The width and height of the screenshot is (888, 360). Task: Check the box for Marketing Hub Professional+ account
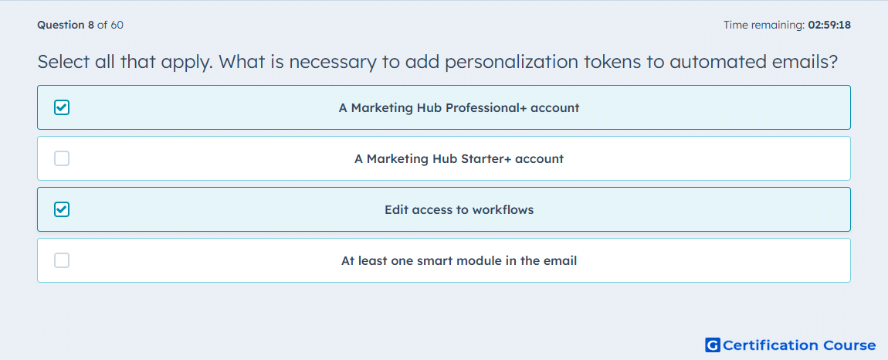pyautogui.click(x=62, y=107)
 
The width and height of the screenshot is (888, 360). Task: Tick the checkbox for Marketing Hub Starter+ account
pyautogui.click(x=62, y=158)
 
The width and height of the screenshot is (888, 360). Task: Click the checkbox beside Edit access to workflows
pyautogui.click(x=62, y=209)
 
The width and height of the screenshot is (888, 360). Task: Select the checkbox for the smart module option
pyautogui.click(x=62, y=260)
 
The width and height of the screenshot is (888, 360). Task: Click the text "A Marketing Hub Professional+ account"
pyautogui.click(x=459, y=107)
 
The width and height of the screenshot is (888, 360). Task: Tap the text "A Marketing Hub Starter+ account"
pyautogui.click(x=459, y=158)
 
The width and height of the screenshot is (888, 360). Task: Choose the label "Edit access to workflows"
pyautogui.click(x=459, y=210)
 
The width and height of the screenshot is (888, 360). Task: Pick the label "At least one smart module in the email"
pyautogui.click(x=459, y=261)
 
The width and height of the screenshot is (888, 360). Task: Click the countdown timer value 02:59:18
pyautogui.click(x=829, y=25)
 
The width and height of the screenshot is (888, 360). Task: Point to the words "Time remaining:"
pyautogui.click(x=764, y=25)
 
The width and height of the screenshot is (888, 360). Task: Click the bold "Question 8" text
pyautogui.click(x=66, y=25)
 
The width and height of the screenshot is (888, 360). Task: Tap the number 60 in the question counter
pyautogui.click(x=117, y=25)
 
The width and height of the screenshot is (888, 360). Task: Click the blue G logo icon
pyautogui.click(x=713, y=345)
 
